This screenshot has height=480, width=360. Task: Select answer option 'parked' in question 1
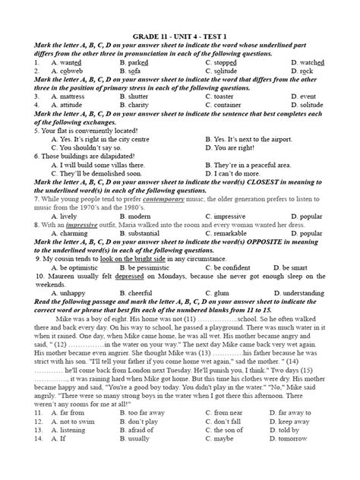coord(144,62)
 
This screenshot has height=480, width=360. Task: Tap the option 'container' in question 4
coord(233,105)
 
